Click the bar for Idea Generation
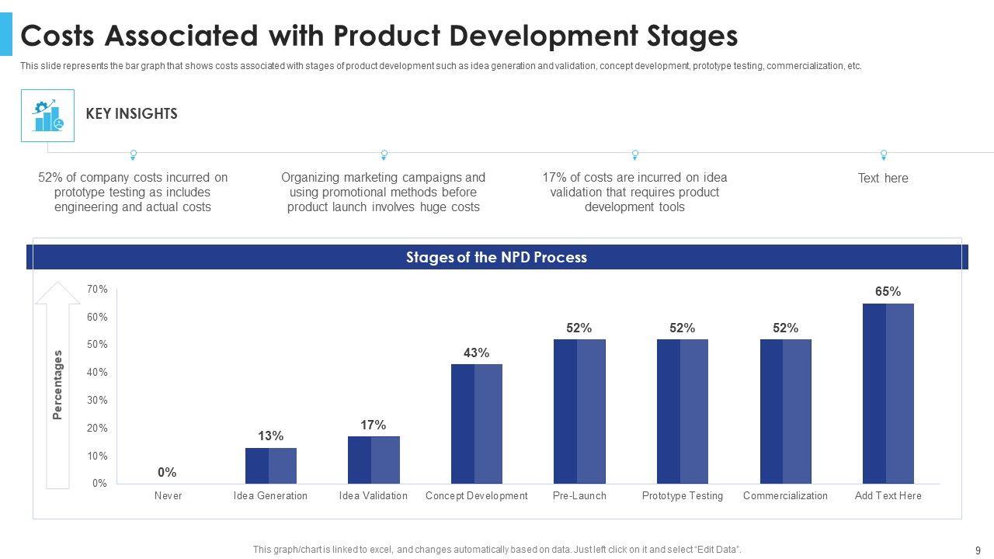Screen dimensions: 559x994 tap(271, 466)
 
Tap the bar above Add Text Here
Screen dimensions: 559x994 tap(888, 394)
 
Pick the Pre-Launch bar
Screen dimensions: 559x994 tap(579, 411)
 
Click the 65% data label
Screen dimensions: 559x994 tap(888, 292)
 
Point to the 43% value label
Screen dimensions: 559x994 tap(477, 352)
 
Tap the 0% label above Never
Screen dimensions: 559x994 tap(167, 472)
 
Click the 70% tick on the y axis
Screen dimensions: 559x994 tap(97, 290)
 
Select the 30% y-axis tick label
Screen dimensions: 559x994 tap(97, 401)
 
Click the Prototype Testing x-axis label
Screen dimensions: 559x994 tap(683, 496)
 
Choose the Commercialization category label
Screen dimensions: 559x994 tap(785, 496)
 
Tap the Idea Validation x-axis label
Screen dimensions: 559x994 tap(374, 496)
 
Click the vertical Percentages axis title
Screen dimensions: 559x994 tap(57, 385)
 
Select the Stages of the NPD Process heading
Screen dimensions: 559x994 tap(496, 257)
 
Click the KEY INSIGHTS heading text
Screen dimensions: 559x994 tap(131, 114)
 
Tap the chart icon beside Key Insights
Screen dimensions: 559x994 tap(47, 116)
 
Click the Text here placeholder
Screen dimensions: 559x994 tap(883, 179)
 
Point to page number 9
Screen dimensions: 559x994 tap(977, 550)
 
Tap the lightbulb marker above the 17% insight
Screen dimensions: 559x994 tap(635, 155)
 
